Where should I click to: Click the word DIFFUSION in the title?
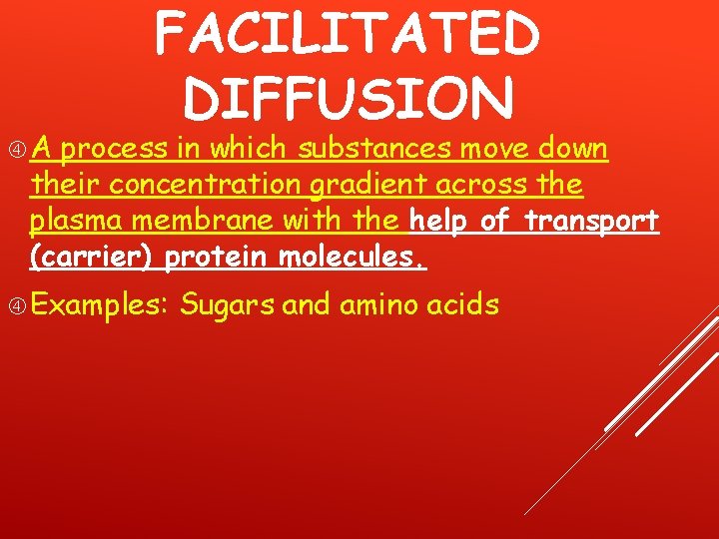tap(350, 99)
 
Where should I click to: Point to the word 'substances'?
tap(377, 150)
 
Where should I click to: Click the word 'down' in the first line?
tap(572, 150)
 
